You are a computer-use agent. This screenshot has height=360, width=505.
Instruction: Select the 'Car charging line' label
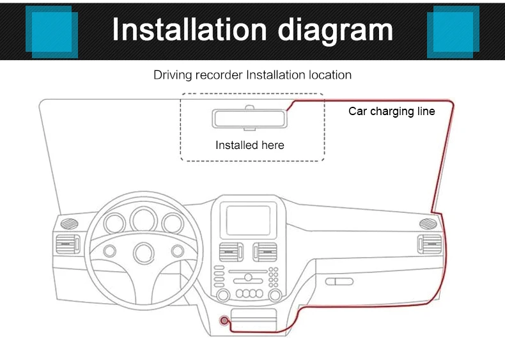click(x=391, y=111)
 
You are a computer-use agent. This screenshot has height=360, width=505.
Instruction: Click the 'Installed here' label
click(x=249, y=145)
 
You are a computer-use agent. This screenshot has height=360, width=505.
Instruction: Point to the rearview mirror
click(x=249, y=120)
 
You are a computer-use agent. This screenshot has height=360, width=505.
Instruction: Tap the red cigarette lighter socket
click(x=224, y=322)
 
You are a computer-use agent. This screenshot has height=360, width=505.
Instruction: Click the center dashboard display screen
click(x=249, y=219)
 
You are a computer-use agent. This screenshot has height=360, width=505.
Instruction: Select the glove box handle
click(x=339, y=281)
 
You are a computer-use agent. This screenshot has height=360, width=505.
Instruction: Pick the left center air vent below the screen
click(x=231, y=251)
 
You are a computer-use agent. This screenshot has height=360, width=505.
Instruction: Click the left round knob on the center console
click(x=223, y=295)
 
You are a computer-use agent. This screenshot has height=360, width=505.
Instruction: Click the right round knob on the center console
click(x=275, y=295)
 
